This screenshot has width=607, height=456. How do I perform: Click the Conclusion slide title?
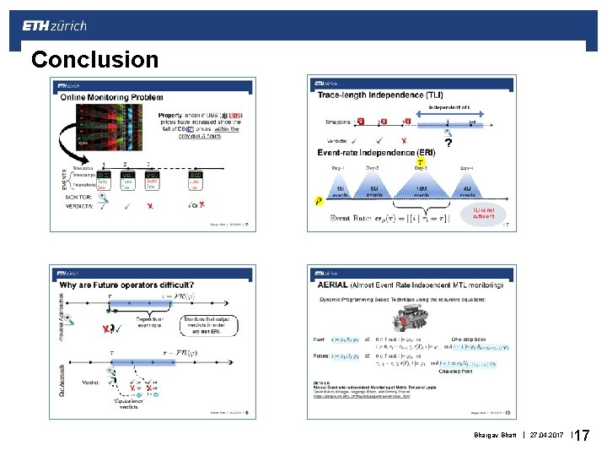(x=94, y=59)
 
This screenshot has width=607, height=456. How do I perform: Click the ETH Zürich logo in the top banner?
(x=54, y=25)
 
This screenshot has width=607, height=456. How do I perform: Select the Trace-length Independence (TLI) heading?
(x=380, y=95)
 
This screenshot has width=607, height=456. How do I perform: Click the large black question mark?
(x=448, y=144)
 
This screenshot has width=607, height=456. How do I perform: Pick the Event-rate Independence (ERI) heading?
(x=377, y=153)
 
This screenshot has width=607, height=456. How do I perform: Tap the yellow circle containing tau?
(x=421, y=161)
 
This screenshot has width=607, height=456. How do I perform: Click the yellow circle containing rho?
(x=319, y=201)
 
